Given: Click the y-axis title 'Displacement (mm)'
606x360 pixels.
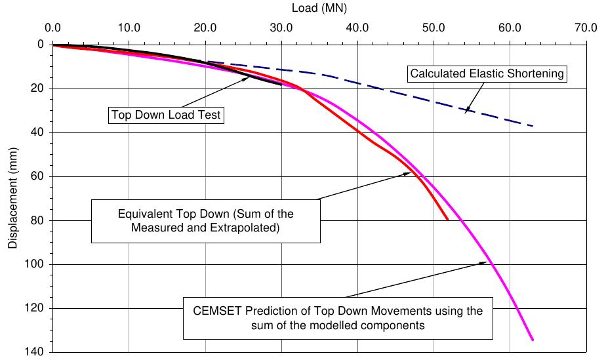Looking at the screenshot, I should (x=13, y=198).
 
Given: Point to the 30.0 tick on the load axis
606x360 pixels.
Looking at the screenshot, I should (x=281, y=28).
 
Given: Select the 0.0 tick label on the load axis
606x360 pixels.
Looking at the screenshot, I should (x=52, y=28).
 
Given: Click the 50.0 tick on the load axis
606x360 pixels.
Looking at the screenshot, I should (x=434, y=28).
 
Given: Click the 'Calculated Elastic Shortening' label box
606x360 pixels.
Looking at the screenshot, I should (x=487, y=73).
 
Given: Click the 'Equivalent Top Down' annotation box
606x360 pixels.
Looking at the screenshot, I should (x=206, y=221).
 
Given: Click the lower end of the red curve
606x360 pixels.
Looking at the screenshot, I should (x=448, y=220).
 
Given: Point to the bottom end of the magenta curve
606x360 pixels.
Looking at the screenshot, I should (x=533, y=340).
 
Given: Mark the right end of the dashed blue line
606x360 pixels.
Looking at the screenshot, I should (x=533, y=126).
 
